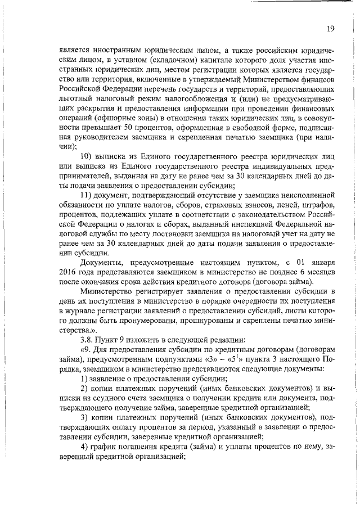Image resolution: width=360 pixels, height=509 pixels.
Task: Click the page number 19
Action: tap(331, 29)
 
